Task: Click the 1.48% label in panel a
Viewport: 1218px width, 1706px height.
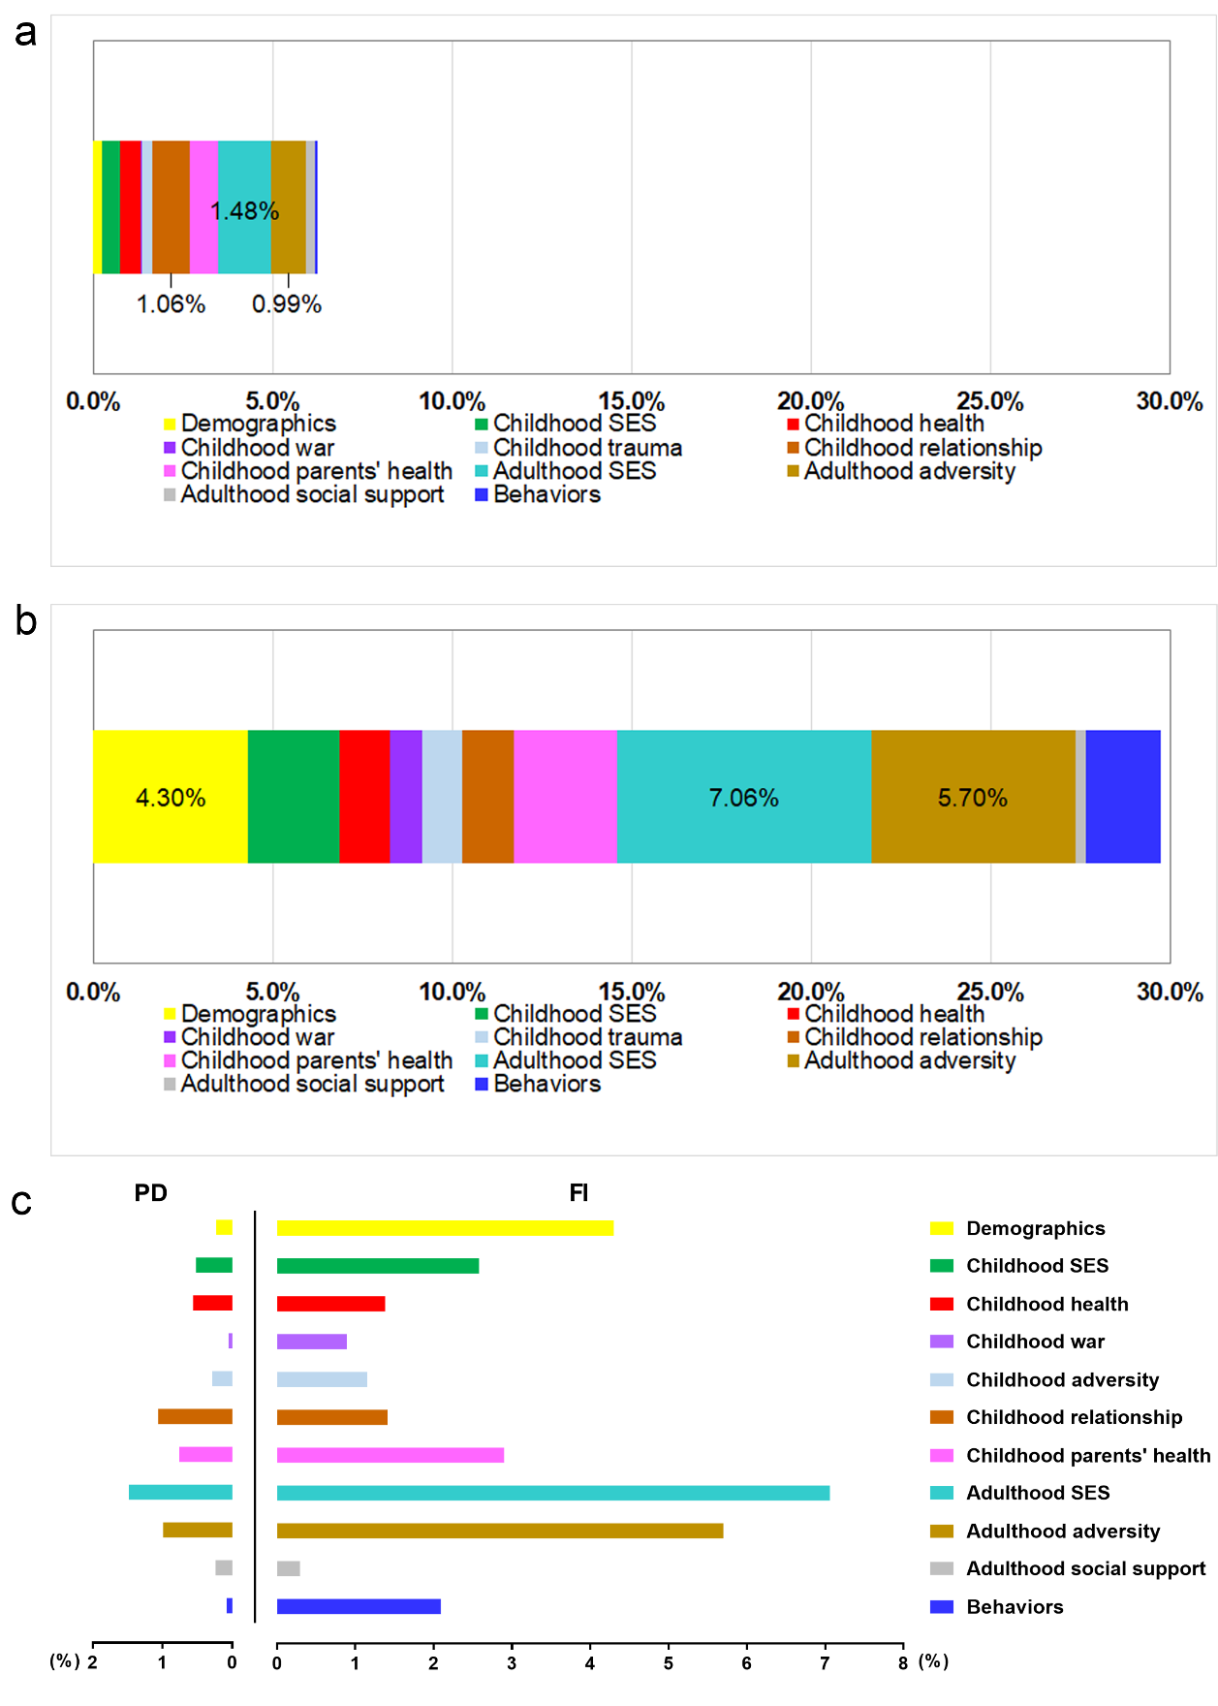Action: point(244,211)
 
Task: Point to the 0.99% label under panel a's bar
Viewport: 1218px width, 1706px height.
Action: point(286,304)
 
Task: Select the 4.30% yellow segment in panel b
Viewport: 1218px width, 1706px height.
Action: point(171,798)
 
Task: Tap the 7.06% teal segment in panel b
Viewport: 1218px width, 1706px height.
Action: point(743,798)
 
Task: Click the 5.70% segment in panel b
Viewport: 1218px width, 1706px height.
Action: point(972,798)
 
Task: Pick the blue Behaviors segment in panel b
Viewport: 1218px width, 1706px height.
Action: point(1122,797)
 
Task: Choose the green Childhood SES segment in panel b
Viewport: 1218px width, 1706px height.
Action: point(294,797)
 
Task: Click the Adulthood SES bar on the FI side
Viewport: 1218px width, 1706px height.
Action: point(552,1493)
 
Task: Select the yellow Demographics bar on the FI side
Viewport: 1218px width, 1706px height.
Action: point(445,1228)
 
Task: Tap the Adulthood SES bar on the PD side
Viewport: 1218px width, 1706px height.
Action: point(180,1493)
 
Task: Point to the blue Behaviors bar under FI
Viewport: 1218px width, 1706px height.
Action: point(359,1606)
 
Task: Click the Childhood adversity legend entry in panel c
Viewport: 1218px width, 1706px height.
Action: point(1062,1379)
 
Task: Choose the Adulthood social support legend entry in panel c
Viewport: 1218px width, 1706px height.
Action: point(1085,1568)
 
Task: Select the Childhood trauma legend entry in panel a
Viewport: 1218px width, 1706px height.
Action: point(586,448)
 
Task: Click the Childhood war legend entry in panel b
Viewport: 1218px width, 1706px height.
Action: point(257,1037)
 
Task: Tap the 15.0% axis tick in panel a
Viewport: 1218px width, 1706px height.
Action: point(632,401)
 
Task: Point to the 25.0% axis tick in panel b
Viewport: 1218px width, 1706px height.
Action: point(990,992)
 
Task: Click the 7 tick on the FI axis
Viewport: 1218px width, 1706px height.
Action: point(825,1663)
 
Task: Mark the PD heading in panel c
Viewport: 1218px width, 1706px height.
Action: point(150,1193)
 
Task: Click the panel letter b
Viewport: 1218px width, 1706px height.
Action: point(26,621)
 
